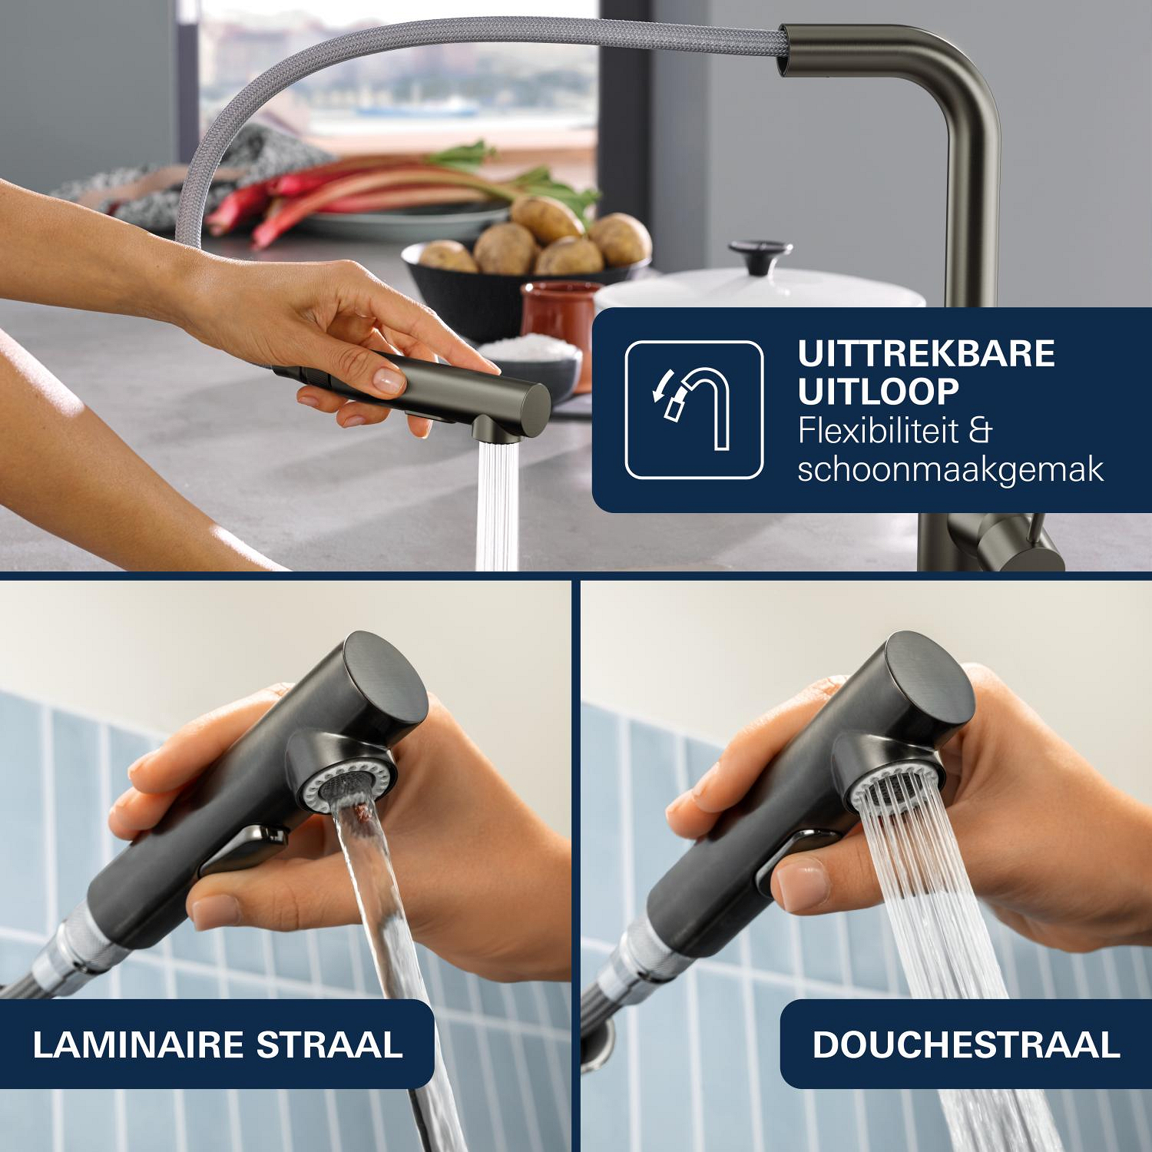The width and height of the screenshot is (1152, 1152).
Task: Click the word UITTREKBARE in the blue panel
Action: pyautogui.click(x=926, y=354)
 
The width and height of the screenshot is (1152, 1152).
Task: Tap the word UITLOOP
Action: pyautogui.click(x=878, y=392)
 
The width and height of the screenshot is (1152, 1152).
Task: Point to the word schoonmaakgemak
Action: pyautogui.click(x=951, y=469)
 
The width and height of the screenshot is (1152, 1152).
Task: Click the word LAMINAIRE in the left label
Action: pyautogui.click(x=137, y=1045)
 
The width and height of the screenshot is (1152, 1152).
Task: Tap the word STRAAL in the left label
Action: pyautogui.click(x=329, y=1045)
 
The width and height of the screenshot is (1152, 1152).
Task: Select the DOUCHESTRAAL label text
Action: pyautogui.click(x=966, y=1045)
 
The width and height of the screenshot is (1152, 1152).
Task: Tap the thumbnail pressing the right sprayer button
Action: pyautogui.click(x=799, y=883)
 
